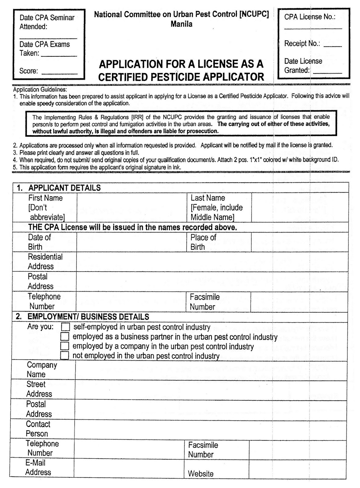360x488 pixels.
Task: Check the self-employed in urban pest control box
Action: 65,327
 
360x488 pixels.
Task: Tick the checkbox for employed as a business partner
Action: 65,337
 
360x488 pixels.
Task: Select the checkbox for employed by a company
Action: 64,346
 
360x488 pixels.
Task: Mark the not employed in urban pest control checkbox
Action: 64,356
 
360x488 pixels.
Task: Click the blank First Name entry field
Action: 131,207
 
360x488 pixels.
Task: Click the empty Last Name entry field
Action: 300,207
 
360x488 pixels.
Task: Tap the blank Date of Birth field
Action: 131,242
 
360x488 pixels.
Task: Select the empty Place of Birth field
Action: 300,242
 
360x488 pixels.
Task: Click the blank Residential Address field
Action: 212,262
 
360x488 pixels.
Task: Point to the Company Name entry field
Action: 211,370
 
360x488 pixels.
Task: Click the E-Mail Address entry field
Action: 129,467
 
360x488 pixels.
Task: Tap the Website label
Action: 200,474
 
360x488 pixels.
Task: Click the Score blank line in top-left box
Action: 59,73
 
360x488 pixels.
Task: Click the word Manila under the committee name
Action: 182,24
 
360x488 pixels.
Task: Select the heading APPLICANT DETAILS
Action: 64,188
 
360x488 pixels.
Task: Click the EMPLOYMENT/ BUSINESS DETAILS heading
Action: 88,317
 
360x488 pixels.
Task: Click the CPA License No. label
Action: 310,17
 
